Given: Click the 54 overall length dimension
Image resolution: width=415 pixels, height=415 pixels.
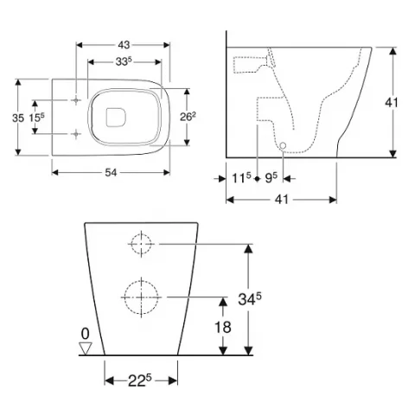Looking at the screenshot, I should [112, 172].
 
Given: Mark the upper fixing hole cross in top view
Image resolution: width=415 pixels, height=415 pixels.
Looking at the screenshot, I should [77, 100].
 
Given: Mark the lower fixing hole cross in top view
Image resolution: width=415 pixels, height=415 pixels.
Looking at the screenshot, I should [77, 133].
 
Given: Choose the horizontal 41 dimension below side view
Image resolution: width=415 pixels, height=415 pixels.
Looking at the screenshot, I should [281, 199].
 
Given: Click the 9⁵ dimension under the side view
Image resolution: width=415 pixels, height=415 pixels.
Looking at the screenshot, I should [271, 179].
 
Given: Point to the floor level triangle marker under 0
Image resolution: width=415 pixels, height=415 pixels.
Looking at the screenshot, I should [85, 348].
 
